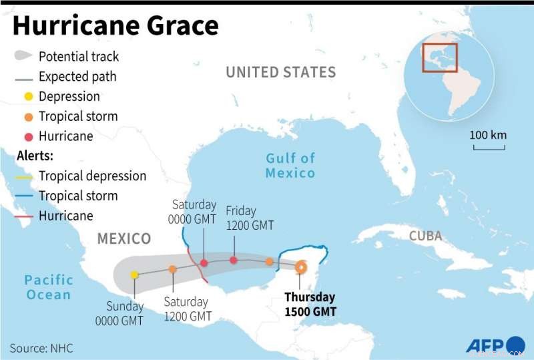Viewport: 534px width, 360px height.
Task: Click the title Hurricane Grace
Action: point(115,25)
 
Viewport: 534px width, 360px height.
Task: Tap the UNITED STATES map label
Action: point(280,72)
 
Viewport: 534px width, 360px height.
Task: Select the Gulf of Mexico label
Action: point(290,165)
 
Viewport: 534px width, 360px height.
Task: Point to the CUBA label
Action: point(425,236)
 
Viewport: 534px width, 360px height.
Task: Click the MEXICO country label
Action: point(124,238)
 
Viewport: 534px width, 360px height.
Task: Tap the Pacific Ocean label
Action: point(49,287)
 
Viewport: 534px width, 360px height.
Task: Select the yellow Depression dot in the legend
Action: point(28,97)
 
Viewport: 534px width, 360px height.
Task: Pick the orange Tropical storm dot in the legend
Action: point(28,117)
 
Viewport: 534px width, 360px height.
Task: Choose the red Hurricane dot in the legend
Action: point(28,137)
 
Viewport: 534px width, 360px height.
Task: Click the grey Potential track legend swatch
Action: point(24,56)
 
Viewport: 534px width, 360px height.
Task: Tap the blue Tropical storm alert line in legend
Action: point(24,196)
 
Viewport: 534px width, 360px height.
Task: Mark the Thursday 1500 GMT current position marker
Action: point(300,267)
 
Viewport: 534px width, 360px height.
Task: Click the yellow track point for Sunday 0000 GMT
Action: point(135,275)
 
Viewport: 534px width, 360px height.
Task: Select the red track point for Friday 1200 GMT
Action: point(233,260)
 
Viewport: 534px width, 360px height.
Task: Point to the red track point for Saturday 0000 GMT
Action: point(204,263)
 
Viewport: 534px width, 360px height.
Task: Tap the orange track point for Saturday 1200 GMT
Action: point(172,269)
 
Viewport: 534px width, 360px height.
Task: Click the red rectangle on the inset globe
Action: point(440,57)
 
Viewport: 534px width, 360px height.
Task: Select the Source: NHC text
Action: point(41,348)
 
